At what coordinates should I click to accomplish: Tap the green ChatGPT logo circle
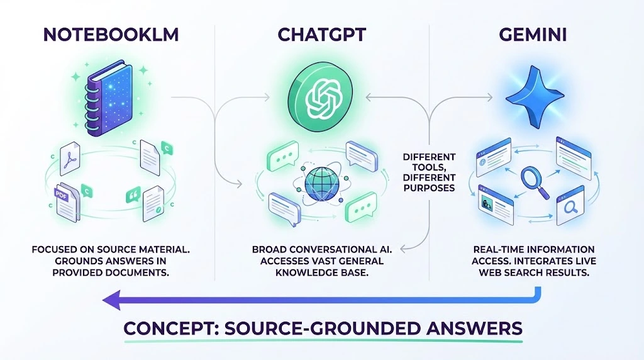pyautogui.click(x=317, y=98)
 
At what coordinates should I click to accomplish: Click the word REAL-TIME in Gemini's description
pyautogui.click(x=487, y=250)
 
